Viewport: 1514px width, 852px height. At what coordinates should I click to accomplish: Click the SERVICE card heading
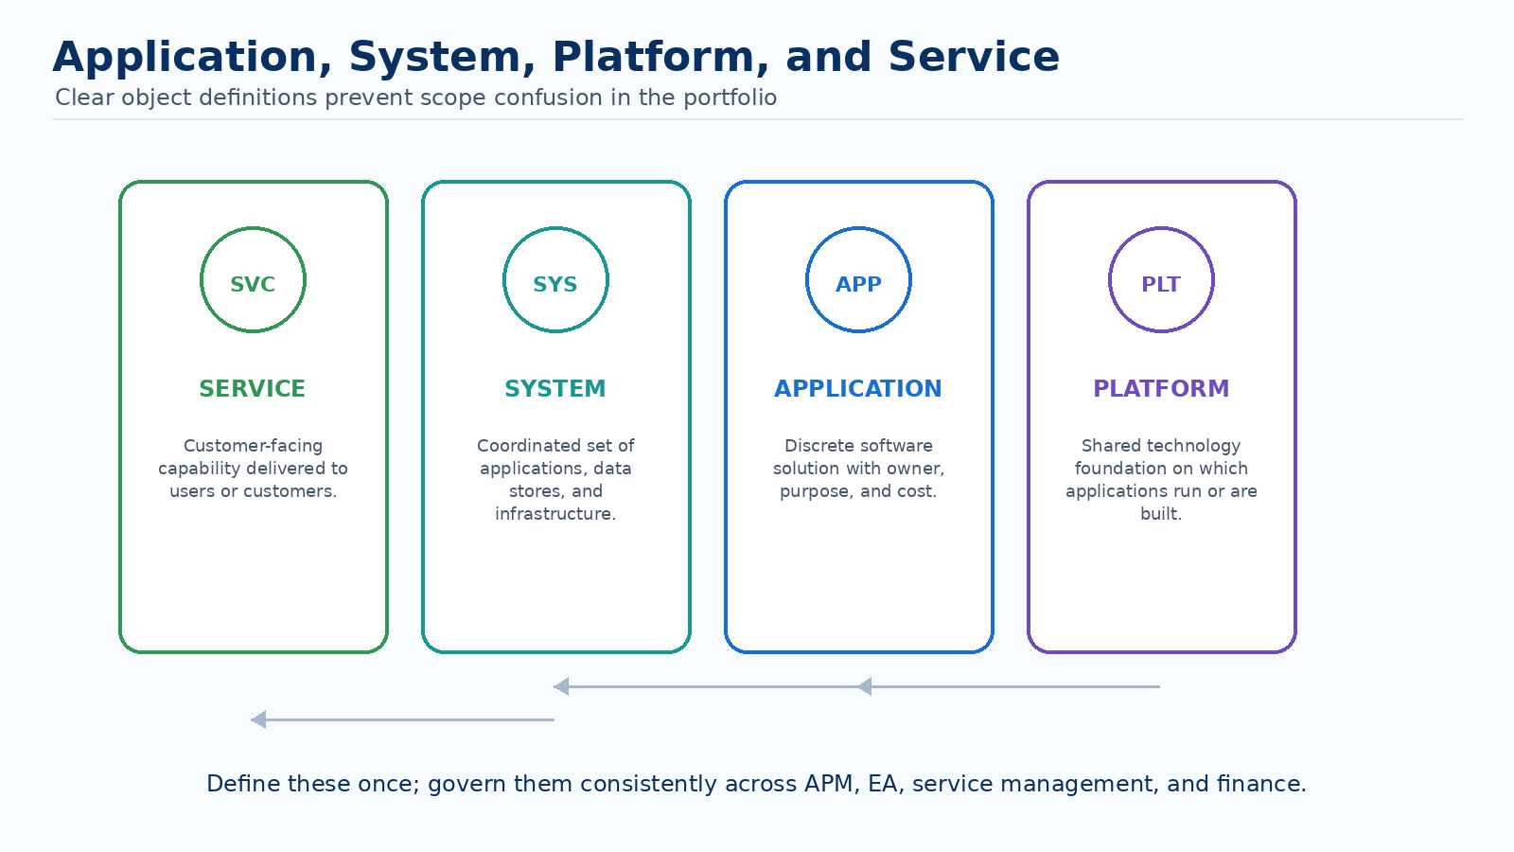pos(252,389)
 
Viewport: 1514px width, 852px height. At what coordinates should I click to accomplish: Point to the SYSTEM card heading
pos(555,389)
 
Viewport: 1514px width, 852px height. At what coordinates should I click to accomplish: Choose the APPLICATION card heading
pos(857,389)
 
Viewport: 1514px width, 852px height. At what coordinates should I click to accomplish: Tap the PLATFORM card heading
pos(1161,389)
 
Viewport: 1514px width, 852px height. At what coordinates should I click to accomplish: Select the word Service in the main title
pos(974,57)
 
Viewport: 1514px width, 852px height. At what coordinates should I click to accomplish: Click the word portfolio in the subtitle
pos(730,98)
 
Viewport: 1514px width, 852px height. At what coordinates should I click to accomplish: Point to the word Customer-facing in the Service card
pos(253,446)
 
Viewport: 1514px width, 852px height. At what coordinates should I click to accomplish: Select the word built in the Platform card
pos(1159,514)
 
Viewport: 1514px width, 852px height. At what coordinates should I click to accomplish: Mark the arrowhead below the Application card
pos(864,686)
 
